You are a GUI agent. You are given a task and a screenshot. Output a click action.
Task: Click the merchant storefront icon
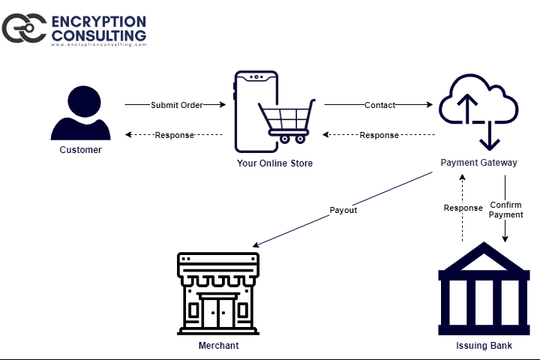[218, 293]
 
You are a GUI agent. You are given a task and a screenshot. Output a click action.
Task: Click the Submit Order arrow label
[176, 105]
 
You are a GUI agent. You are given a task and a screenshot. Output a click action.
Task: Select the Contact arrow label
[379, 105]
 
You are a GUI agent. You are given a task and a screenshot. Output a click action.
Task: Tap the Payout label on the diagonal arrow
[343, 210]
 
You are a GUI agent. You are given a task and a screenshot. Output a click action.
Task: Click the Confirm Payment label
[505, 210]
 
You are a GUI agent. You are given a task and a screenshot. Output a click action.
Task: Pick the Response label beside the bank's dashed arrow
[463, 208]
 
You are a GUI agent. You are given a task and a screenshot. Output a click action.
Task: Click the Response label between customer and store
[174, 135]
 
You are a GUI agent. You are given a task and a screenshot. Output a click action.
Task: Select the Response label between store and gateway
[379, 135]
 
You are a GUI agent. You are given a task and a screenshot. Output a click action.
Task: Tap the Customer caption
[80, 150]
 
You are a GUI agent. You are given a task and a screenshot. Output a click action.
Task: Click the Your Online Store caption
[274, 163]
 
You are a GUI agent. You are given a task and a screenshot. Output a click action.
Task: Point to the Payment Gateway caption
[478, 163]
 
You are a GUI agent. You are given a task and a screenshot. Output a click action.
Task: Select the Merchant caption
[218, 345]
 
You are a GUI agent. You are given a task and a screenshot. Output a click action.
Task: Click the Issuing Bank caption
[484, 345]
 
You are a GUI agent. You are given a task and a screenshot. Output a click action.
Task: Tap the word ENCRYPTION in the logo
[98, 20]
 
